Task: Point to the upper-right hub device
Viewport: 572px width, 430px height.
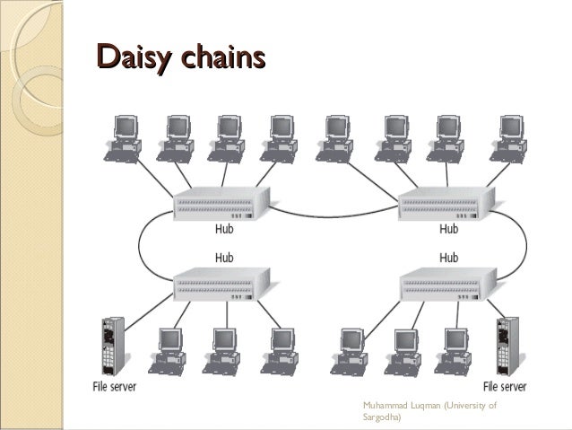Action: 445,206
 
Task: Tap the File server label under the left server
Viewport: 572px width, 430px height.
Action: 115,388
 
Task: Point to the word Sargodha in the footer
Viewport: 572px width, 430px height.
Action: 382,417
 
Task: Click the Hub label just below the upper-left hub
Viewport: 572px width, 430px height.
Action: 226,230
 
